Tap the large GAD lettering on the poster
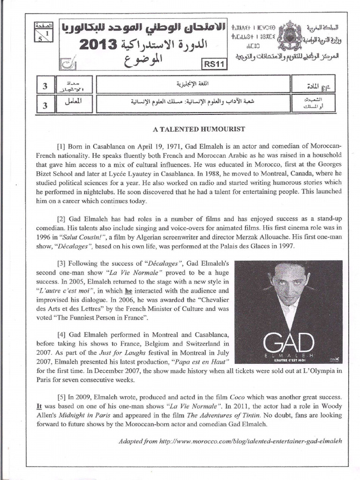tap(288, 343)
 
